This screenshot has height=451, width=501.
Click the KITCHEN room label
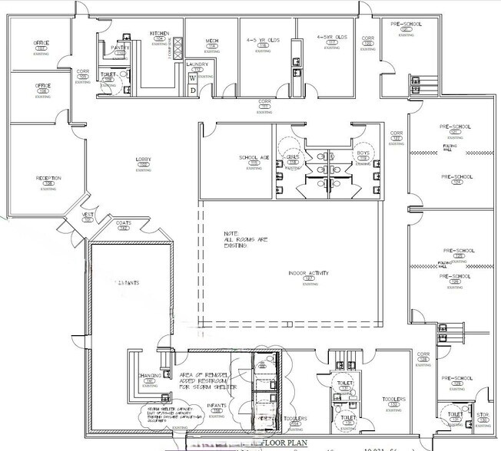click(x=159, y=33)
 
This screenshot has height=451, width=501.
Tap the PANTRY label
click(x=120, y=48)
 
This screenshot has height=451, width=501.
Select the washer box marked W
click(x=194, y=77)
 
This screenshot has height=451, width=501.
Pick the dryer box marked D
click(x=194, y=90)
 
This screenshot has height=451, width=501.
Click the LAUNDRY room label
click(x=201, y=64)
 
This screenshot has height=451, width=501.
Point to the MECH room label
click(x=212, y=41)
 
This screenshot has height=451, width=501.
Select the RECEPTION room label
click(x=48, y=178)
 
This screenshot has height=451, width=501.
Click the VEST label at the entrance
click(x=88, y=216)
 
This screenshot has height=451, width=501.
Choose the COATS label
click(x=124, y=223)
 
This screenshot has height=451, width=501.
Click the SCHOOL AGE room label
click(x=254, y=158)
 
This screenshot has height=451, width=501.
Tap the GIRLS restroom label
click(x=293, y=156)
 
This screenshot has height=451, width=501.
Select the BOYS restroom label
click(x=363, y=153)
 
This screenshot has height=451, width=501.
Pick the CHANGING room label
click(x=149, y=375)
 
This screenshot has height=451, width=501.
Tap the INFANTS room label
click(x=217, y=406)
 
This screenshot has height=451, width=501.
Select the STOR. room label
click(x=482, y=415)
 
